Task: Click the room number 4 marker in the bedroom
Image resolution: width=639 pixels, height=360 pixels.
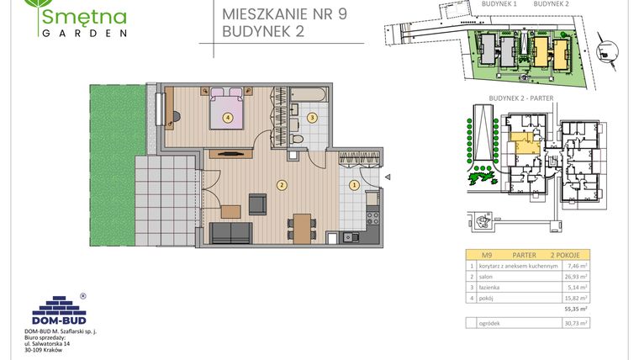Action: point(228,118)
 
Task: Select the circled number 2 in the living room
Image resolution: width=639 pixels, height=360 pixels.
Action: point(283,185)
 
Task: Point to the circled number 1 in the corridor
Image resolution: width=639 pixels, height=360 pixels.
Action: point(354,185)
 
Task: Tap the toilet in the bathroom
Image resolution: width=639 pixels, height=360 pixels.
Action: point(298,139)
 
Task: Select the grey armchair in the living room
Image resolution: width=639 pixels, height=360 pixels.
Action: point(257,203)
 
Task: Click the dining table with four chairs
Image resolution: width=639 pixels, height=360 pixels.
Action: point(301,227)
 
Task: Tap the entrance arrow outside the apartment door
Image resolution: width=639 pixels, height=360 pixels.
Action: point(388,177)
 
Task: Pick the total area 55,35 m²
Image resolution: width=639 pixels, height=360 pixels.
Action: point(576,309)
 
